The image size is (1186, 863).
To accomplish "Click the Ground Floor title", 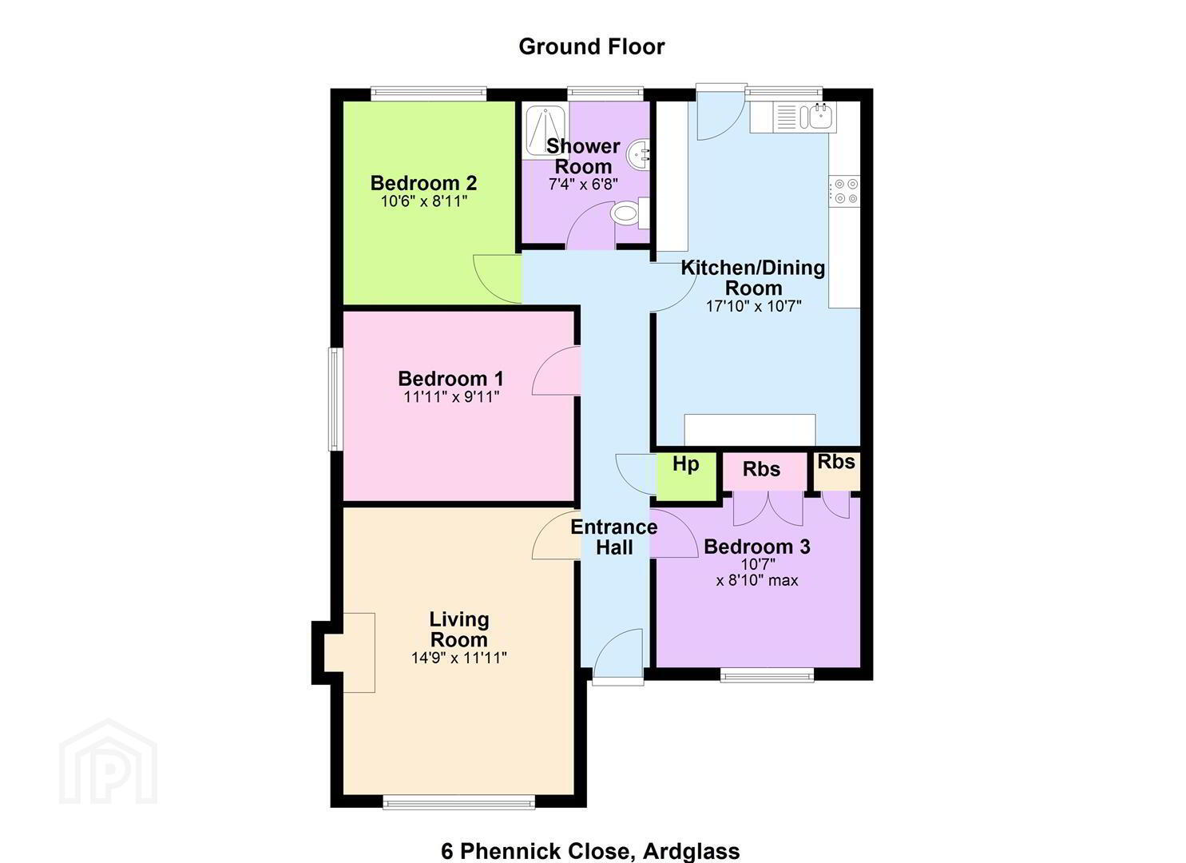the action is pos(592,46).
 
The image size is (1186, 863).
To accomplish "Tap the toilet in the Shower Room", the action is pos(630,213).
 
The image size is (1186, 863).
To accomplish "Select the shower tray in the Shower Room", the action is pos(545,131).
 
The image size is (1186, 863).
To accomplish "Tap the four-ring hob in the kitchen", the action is pos(845,191).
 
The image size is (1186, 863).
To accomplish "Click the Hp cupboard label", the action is pos(686,464).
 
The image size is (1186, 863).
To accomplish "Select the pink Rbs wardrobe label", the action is pos(761,469).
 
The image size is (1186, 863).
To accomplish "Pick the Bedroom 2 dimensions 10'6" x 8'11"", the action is pos(424,201).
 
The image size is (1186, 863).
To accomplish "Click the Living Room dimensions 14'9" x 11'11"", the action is pos(459,658).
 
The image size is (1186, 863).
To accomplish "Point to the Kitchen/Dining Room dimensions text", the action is pos(753,306).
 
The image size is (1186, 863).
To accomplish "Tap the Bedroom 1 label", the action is pos(450,379).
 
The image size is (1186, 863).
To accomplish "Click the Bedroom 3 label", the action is pos(757,547).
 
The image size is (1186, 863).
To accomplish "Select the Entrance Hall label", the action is pos(614,537).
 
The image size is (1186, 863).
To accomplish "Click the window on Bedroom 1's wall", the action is pos(335,399).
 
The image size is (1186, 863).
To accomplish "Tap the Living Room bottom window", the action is pos(459,804).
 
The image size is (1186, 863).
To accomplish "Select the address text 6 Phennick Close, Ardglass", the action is pos(590,851).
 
